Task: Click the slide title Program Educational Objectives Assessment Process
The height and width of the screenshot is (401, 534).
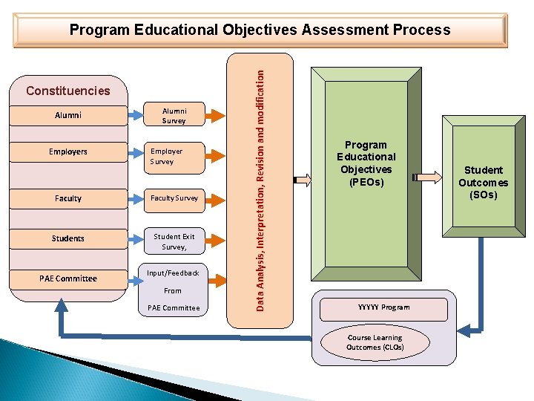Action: click(x=260, y=30)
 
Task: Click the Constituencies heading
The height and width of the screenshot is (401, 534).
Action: click(x=67, y=91)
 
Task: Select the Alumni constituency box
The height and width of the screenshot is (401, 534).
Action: click(x=68, y=115)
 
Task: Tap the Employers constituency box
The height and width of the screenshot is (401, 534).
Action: click(x=68, y=152)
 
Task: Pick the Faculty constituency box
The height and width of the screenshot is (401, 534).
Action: click(x=68, y=198)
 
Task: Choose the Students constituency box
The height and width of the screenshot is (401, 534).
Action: click(x=68, y=238)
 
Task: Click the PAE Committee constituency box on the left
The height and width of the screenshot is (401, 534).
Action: click(x=68, y=278)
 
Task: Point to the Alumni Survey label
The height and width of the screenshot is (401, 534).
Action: click(x=174, y=115)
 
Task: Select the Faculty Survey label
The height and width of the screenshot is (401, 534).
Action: click(x=174, y=198)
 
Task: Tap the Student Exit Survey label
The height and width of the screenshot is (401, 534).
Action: click(x=174, y=241)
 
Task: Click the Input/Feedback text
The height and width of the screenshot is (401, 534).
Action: click(x=173, y=273)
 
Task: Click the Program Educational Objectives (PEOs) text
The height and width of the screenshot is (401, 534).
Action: click(x=366, y=163)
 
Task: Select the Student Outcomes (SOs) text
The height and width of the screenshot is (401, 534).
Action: click(x=483, y=182)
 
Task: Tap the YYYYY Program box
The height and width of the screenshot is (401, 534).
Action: click(x=383, y=307)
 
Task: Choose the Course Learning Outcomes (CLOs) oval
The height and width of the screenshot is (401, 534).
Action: click(x=375, y=342)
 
